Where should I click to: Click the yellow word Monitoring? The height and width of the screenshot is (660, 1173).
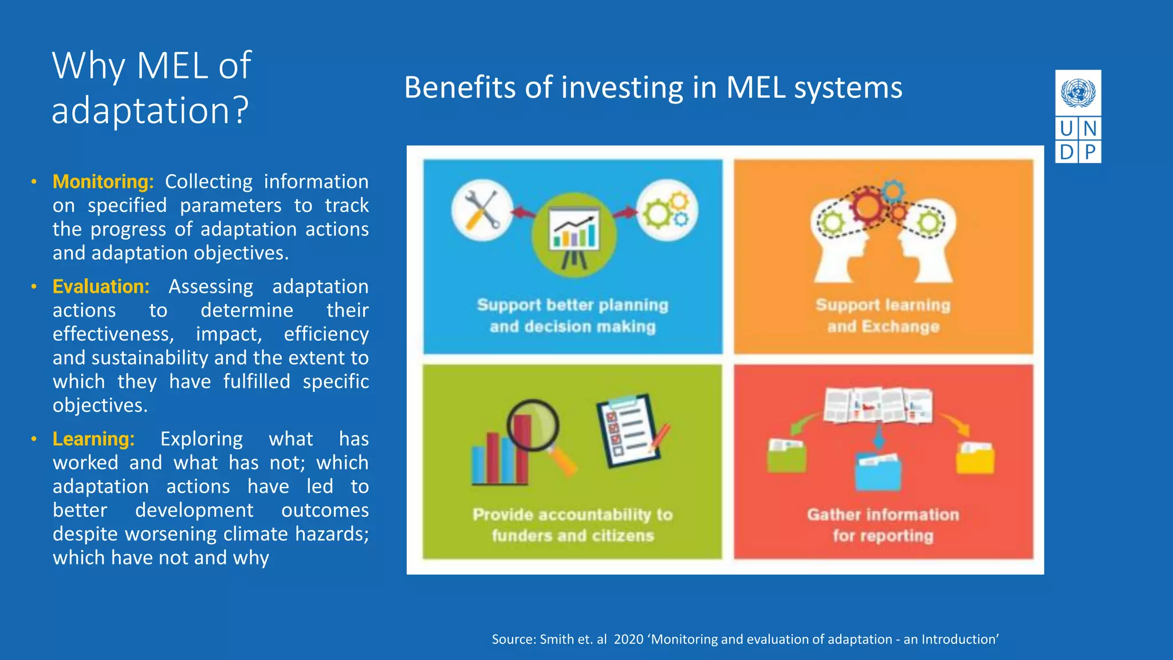[x=103, y=182]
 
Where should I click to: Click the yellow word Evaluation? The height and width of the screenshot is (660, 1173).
[x=101, y=286]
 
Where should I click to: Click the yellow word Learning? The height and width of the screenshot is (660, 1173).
[x=93, y=439]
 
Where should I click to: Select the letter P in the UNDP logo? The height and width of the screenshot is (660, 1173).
[x=1090, y=152]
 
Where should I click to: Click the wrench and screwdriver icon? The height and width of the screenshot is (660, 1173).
[x=482, y=210]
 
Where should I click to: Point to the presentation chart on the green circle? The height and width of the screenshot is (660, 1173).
[x=574, y=235]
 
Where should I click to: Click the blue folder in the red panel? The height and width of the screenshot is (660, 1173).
[x=877, y=471]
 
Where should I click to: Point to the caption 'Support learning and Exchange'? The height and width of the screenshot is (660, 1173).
[x=883, y=316]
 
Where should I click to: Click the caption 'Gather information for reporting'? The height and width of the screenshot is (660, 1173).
[x=883, y=525]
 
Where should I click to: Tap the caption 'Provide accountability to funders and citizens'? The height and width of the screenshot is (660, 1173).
[x=572, y=525]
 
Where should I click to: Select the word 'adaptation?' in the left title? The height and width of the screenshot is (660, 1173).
[x=150, y=111]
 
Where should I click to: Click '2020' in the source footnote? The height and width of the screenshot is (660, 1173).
[x=628, y=639]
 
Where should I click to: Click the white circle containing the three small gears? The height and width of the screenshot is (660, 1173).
[x=667, y=210]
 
